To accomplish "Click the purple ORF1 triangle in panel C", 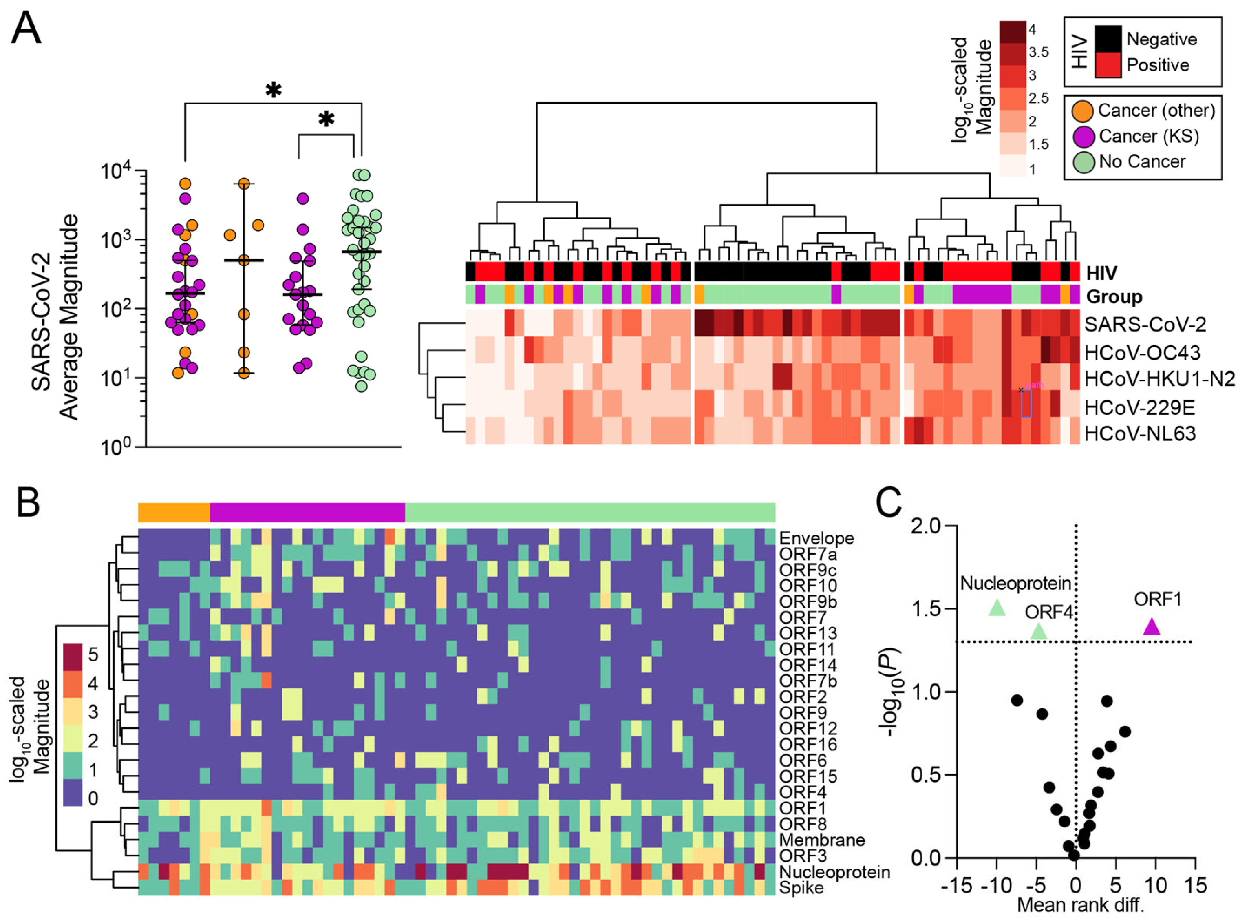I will click(1152, 627).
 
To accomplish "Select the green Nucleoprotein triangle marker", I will click(997, 608).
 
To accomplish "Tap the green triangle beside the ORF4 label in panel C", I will click(1038, 631).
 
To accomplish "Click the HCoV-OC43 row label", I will click(1139, 353).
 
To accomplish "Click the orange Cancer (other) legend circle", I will click(1082, 111).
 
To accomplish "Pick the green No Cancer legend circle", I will click(1083, 162).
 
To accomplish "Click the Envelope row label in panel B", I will click(816, 539).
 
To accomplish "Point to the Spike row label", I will click(801, 888).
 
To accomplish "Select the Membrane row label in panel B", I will click(822, 840).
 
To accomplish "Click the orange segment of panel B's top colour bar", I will click(174, 512).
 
